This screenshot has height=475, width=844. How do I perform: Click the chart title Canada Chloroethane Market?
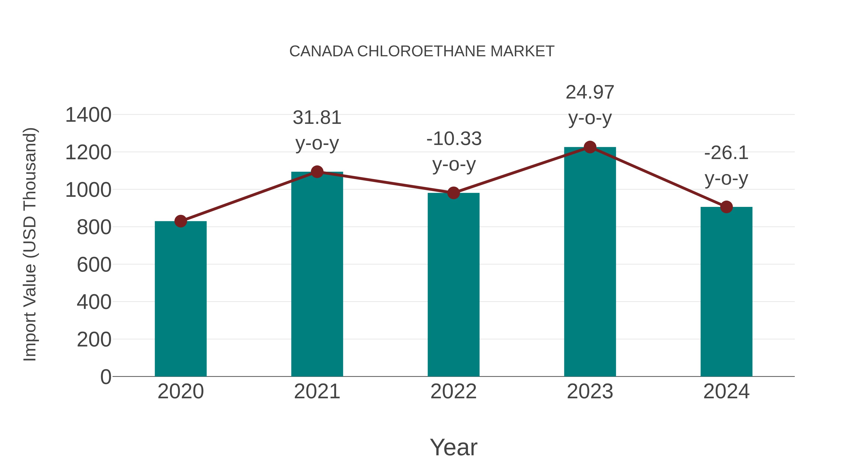(422, 51)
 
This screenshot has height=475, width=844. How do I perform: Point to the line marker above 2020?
(181, 221)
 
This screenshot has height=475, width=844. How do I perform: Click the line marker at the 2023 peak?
(590, 147)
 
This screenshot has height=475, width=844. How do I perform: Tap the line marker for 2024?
(726, 207)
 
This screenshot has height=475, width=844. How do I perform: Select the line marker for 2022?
(453, 193)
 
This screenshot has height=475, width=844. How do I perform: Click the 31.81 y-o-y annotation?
(317, 130)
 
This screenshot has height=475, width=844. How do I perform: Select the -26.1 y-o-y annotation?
(726, 166)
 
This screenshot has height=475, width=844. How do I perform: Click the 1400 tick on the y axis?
(88, 115)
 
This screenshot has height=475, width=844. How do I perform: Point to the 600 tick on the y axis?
(94, 265)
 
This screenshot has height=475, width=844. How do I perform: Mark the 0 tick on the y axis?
(106, 377)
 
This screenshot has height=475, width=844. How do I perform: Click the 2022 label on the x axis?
(453, 391)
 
